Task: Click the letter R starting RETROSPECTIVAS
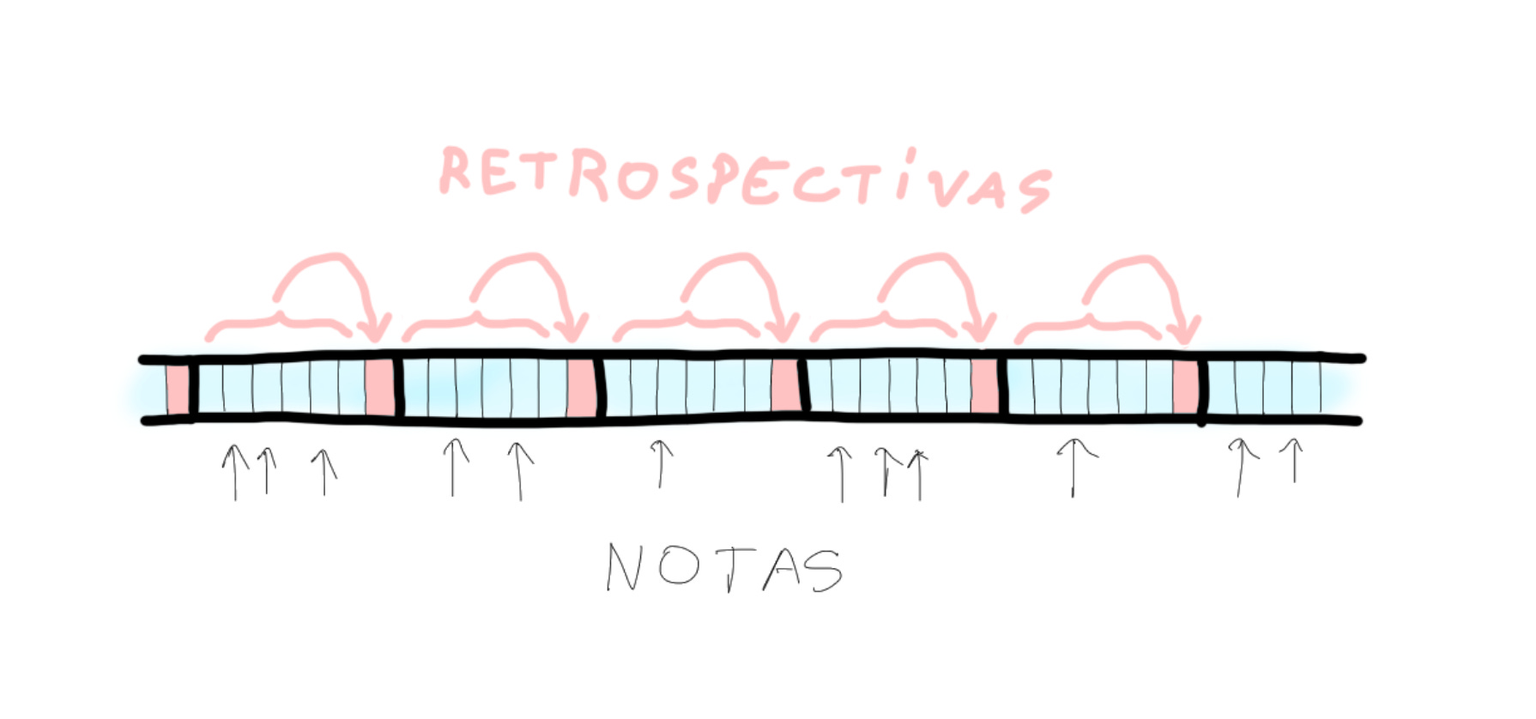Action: (x=457, y=170)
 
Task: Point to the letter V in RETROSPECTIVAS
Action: (x=942, y=183)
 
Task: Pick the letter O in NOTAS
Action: (x=678, y=566)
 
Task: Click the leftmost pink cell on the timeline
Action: (x=178, y=389)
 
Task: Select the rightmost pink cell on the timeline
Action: (x=1185, y=388)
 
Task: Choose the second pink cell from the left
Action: (x=379, y=388)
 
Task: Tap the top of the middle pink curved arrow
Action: (x=731, y=259)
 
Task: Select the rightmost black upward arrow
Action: (x=1293, y=460)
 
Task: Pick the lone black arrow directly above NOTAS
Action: (x=659, y=463)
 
